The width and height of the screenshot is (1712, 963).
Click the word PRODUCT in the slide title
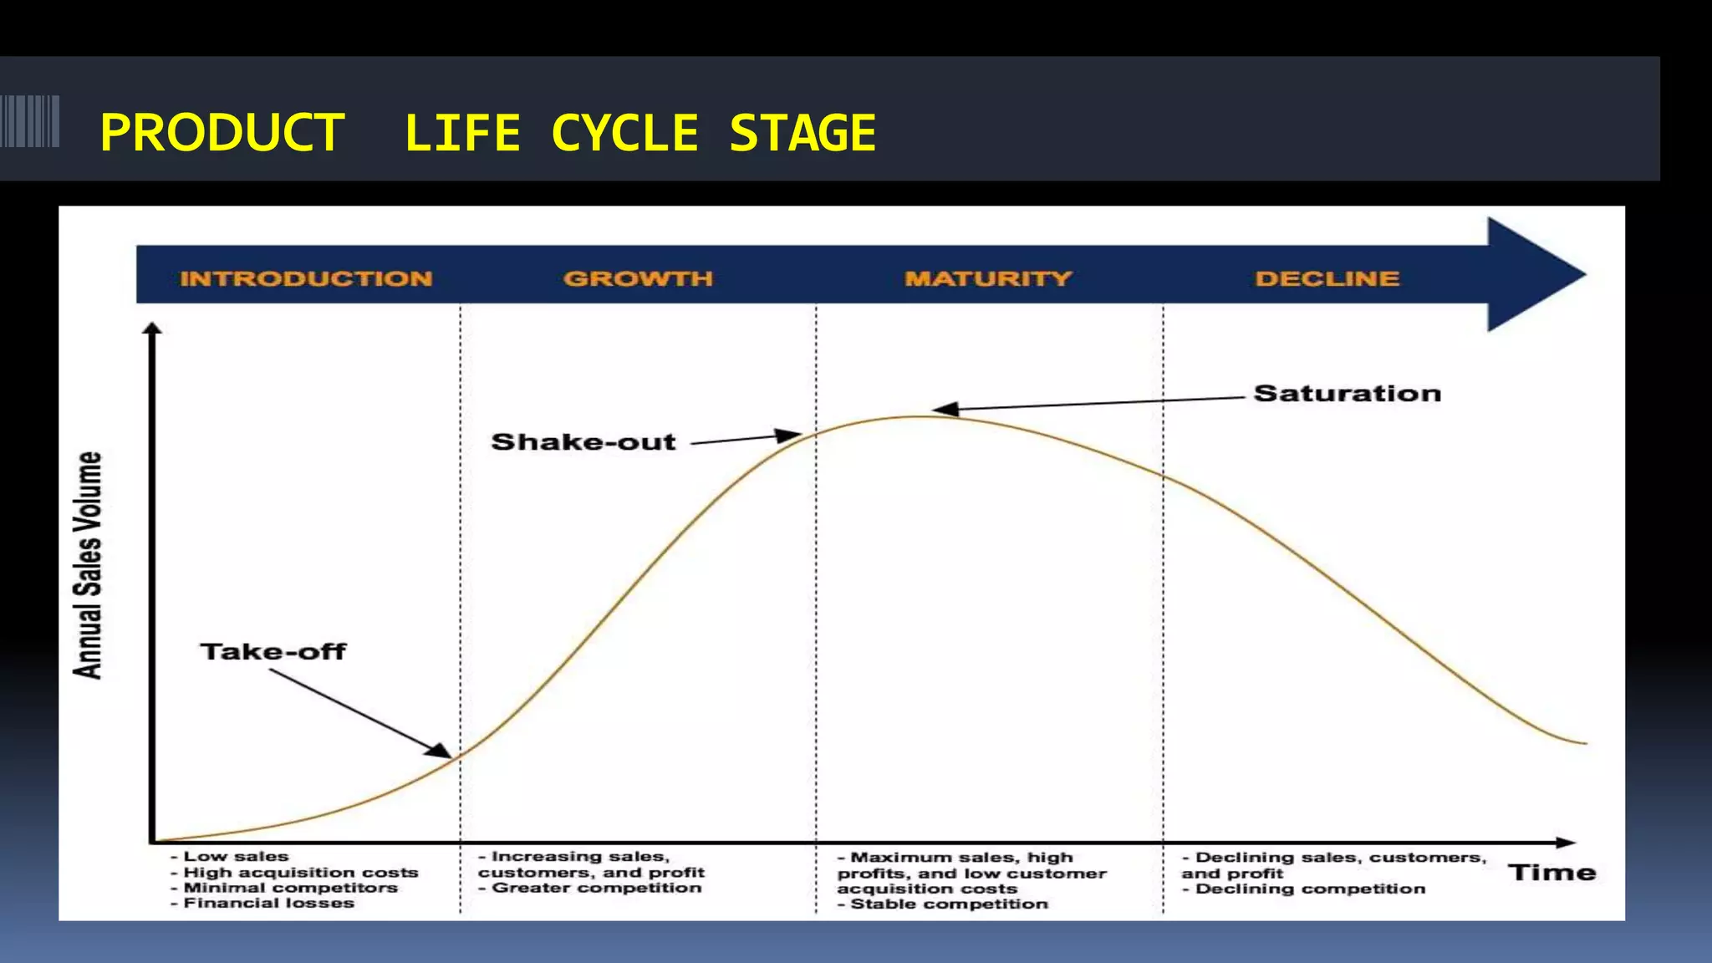222,133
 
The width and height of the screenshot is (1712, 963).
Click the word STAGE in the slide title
802,133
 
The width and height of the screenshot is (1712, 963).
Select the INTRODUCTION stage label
306,278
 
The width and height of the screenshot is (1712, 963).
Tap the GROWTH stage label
638,278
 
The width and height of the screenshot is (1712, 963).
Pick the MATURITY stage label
987,278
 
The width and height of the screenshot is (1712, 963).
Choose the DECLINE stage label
1327,278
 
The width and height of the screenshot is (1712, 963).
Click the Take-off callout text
273,651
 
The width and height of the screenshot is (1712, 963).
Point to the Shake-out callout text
583,441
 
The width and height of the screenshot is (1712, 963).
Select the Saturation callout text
1347,394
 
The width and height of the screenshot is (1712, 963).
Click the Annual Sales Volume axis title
89,565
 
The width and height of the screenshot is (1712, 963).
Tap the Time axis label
1551,873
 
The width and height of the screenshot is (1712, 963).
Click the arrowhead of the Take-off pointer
440,750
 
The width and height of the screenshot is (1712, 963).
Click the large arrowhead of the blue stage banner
1534,274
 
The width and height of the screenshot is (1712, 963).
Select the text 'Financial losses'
268,903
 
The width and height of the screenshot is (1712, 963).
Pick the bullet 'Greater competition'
596,888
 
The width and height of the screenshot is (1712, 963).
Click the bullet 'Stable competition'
949,904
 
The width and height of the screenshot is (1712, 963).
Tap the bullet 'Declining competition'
1310,889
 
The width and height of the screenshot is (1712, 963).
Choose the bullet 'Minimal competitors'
290,888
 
